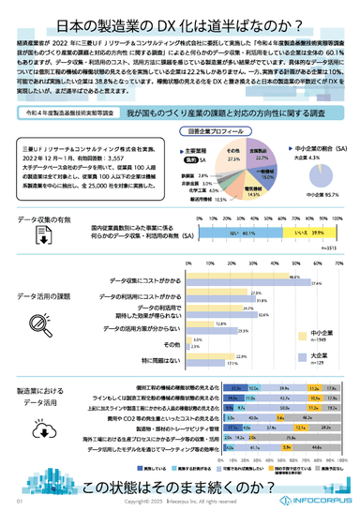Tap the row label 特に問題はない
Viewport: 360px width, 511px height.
click(167, 360)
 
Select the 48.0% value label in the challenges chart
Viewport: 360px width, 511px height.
click(293, 278)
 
